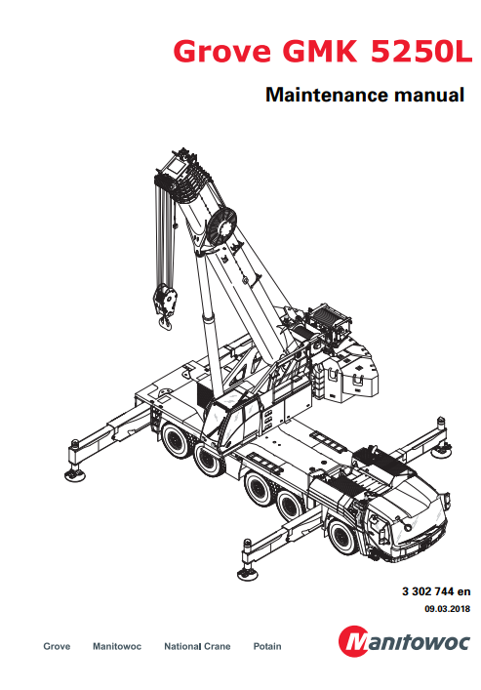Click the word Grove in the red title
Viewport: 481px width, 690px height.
[x=221, y=51]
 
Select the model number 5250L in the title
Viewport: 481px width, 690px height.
[x=421, y=51]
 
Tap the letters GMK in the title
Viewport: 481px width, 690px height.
[x=319, y=51]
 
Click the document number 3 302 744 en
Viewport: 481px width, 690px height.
[x=436, y=591]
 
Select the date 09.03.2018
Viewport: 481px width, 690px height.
[x=447, y=609]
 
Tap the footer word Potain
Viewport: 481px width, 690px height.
[x=267, y=646]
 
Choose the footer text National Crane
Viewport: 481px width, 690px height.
[x=197, y=646]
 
